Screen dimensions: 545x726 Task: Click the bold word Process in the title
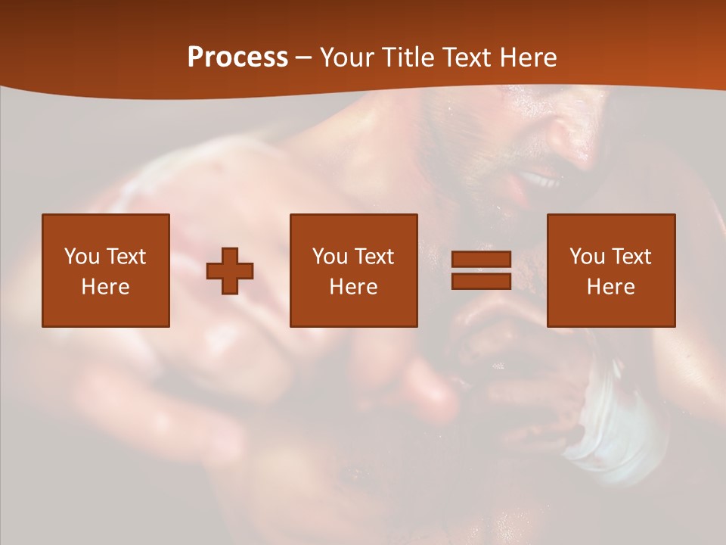[237, 58]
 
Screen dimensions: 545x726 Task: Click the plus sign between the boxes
[230, 271]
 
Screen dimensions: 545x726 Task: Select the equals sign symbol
[481, 270]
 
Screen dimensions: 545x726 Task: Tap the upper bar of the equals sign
[481, 260]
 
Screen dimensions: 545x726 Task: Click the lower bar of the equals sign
[481, 281]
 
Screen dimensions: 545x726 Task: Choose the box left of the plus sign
[106, 270]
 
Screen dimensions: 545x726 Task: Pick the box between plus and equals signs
[353, 270]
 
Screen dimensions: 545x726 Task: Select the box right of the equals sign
[610, 270]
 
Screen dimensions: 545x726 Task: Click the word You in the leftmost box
[82, 257]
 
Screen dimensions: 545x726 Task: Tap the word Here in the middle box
[353, 287]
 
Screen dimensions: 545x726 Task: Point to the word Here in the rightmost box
[610, 287]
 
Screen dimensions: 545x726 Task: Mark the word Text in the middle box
[374, 257]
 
